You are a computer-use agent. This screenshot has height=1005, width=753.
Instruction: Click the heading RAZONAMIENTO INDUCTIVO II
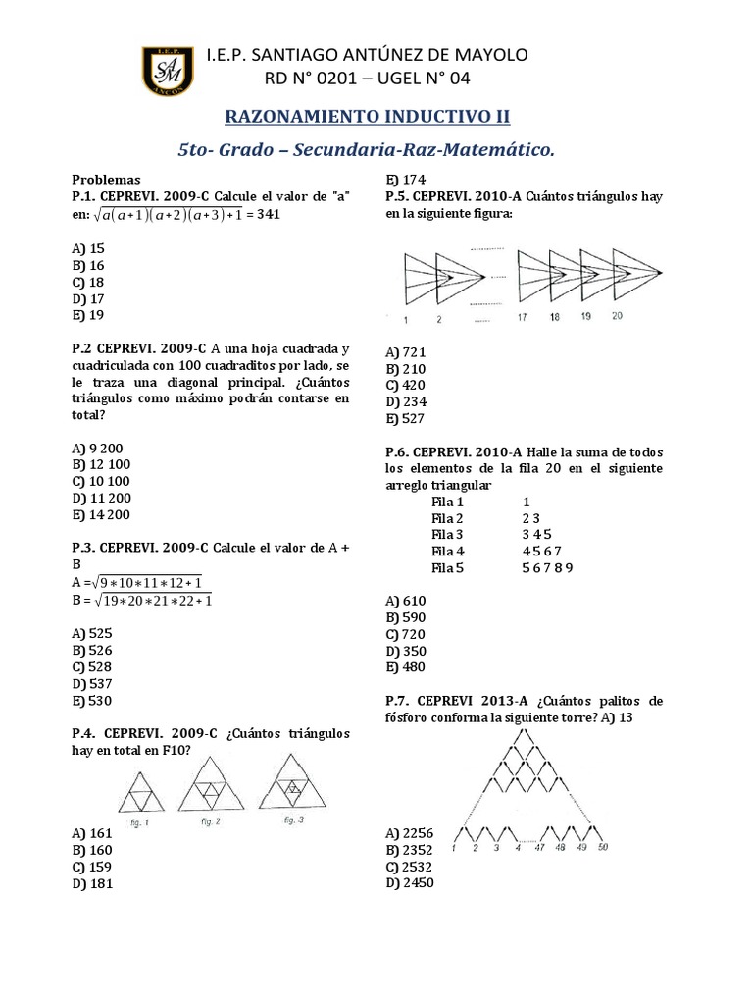(368, 116)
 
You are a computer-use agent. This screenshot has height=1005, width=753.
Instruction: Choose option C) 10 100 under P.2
(101, 481)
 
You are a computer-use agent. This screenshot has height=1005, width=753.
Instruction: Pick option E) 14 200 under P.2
(101, 514)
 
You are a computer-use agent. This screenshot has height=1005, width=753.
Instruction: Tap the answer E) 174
(406, 179)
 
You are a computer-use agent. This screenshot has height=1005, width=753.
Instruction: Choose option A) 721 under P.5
(406, 351)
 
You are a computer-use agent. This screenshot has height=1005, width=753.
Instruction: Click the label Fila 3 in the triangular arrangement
(447, 534)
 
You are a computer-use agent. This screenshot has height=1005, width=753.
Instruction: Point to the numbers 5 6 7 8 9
(547, 567)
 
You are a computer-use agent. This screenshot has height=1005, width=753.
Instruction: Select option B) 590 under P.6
(406, 617)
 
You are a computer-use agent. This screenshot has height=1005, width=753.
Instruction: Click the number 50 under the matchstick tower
(603, 847)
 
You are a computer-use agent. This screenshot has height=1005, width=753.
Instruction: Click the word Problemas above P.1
(107, 180)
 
